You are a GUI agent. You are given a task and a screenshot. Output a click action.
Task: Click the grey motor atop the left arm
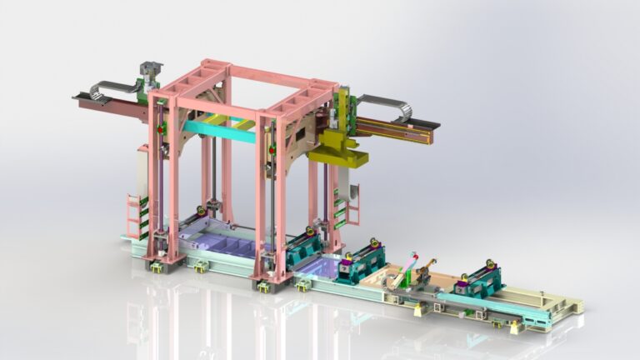[x=150, y=70]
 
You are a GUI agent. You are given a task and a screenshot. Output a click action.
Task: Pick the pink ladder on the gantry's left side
[x=133, y=215]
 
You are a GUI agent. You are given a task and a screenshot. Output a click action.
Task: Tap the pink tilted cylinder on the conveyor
[x=401, y=268]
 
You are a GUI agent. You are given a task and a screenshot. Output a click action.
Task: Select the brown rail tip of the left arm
[x=83, y=99]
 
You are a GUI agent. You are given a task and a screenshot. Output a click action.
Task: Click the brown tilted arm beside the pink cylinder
[x=426, y=271]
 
